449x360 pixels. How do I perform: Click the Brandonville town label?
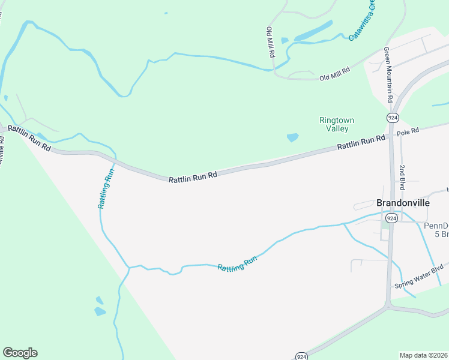tap(403, 203)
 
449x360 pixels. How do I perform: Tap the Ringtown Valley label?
tap(333, 124)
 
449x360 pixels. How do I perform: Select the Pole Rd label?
tap(406, 131)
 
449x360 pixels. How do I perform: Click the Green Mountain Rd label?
tap(388, 74)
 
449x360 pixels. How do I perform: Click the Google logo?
tap(20, 353)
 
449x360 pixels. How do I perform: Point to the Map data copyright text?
tap(423, 355)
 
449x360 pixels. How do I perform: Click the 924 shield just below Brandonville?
tap(391, 218)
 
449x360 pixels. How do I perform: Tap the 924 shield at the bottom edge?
tap(302, 356)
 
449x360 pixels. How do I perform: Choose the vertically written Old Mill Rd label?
tap(271, 41)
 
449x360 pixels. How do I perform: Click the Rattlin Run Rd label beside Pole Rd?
tap(360, 142)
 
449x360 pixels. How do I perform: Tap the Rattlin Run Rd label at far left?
tap(29, 138)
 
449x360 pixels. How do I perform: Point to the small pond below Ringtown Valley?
tap(292, 137)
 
